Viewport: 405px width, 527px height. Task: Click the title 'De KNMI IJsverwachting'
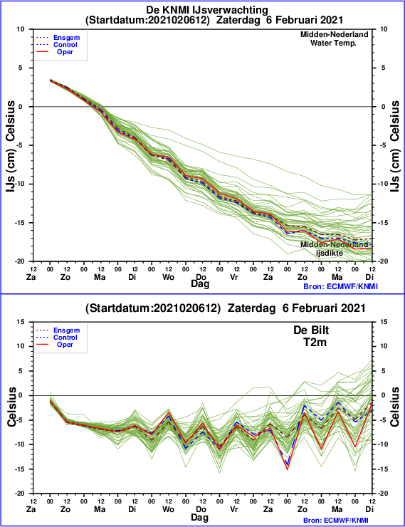click(x=207, y=10)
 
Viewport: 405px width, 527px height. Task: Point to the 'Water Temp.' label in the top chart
click(x=333, y=43)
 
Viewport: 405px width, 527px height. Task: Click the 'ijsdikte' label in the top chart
click(x=330, y=253)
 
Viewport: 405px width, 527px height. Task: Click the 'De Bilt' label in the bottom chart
click(x=311, y=330)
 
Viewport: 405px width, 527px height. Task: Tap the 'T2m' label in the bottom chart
click(x=315, y=342)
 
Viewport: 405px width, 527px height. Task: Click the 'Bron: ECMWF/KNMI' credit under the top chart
click(x=340, y=286)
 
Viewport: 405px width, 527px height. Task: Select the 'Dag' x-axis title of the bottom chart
click(x=200, y=517)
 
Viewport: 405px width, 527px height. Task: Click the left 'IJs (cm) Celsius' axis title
click(x=11, y=146)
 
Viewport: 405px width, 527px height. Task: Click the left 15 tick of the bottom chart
click(x=21, y=322)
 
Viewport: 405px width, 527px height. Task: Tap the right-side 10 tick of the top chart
click(x=384, y=29)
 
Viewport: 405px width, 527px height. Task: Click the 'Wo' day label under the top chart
click(x=168, y=277)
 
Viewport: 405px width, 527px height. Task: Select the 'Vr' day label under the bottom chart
click(x=234, y=509)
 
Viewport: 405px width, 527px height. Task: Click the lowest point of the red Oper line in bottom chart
click(x=288, y=469)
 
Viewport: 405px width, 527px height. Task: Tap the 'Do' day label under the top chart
click(x=201, y=277)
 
